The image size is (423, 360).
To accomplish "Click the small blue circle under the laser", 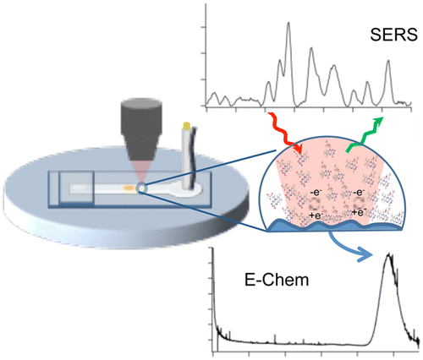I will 142,188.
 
